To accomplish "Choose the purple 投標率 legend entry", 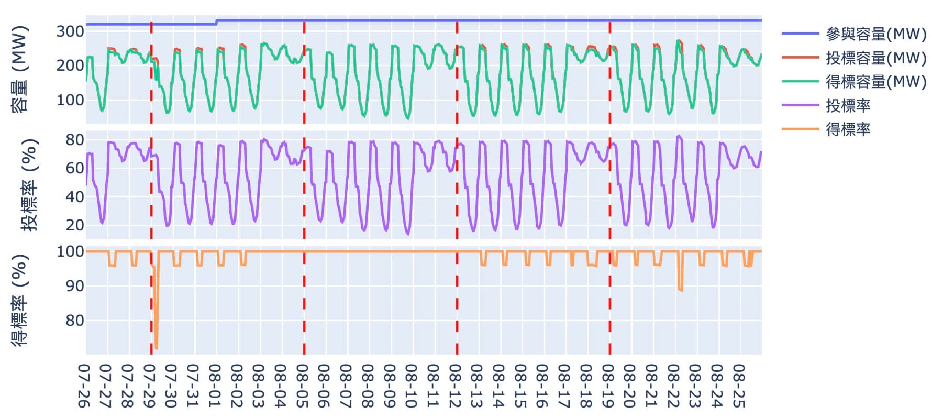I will (x=848, y=106).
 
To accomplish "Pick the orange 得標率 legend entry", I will (x=848, y=129).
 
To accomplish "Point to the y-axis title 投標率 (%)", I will (x=29, y=185).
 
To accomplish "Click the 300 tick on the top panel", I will (x=70, y=31).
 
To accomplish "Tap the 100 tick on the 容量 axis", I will (x=70, y=100).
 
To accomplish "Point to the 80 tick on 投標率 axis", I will (x=74, y=140).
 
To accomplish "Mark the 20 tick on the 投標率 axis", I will (x=74, y=225).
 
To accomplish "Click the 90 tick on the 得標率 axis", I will (x=74, y=286).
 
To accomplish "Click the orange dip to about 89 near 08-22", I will (x=680, y=290).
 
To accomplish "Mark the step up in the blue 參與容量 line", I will (x=216, y=23).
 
